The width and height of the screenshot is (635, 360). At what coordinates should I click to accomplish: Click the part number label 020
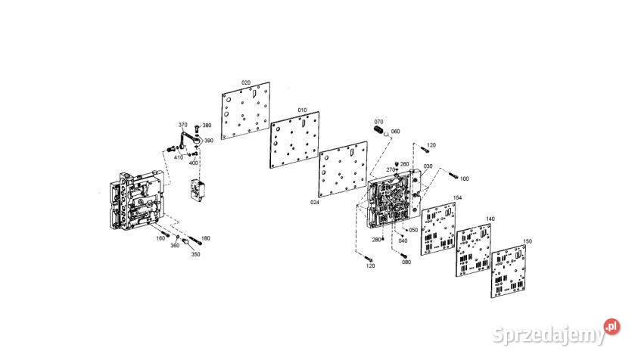pyautogui.click(x=246, y=82)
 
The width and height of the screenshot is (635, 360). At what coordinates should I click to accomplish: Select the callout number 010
pyautogui.click(x=302, y=110)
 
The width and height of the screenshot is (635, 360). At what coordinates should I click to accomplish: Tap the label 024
pyautogui.click(x=314, y=203)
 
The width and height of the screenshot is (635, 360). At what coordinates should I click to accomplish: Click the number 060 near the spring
pyautogui.click(x=395, y=131)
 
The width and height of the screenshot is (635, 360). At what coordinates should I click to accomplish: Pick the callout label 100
pyautogui.click(x=464, y=178)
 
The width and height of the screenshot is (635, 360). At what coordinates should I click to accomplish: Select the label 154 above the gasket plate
pyautogui.click(x=457, y=198)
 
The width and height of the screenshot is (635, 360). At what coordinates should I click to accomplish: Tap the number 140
pyautogui.click(x=490, y=219)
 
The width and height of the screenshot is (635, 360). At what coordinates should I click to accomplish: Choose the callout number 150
pyautogui.click(x=527, y=241)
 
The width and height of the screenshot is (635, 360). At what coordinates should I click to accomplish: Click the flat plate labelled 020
pyautogui.click(x=247, y=114)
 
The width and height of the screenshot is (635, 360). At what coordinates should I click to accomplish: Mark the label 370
pyautogui.click(x=182, y=125)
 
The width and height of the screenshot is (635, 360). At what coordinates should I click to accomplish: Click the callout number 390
pyautogui.click(x=209, y=141)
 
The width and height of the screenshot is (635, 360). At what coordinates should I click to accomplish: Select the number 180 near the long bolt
pyautogui.click(x=206, y=238)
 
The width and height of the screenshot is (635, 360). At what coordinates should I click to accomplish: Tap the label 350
pyautogui.click(x=195, y=255)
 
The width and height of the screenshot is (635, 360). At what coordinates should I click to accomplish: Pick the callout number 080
pyautogui.click(x=406, y=262)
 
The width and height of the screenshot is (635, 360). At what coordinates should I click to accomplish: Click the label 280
pyautogui.click(x=376, y=240)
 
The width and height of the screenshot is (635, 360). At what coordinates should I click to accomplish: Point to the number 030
pyautogui.click(x=428, y=166)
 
